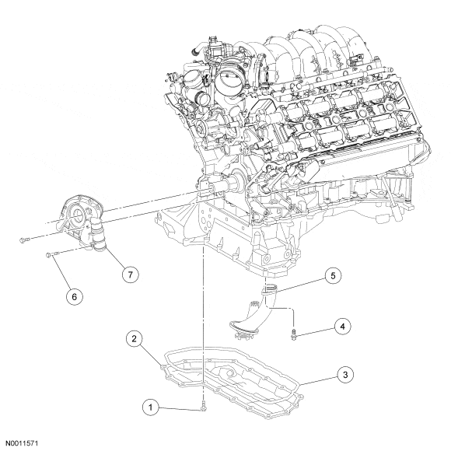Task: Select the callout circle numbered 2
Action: [x=135, y=339]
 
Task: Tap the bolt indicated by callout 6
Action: [x=52, y=254]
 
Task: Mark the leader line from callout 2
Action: [x=150, y=352]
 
